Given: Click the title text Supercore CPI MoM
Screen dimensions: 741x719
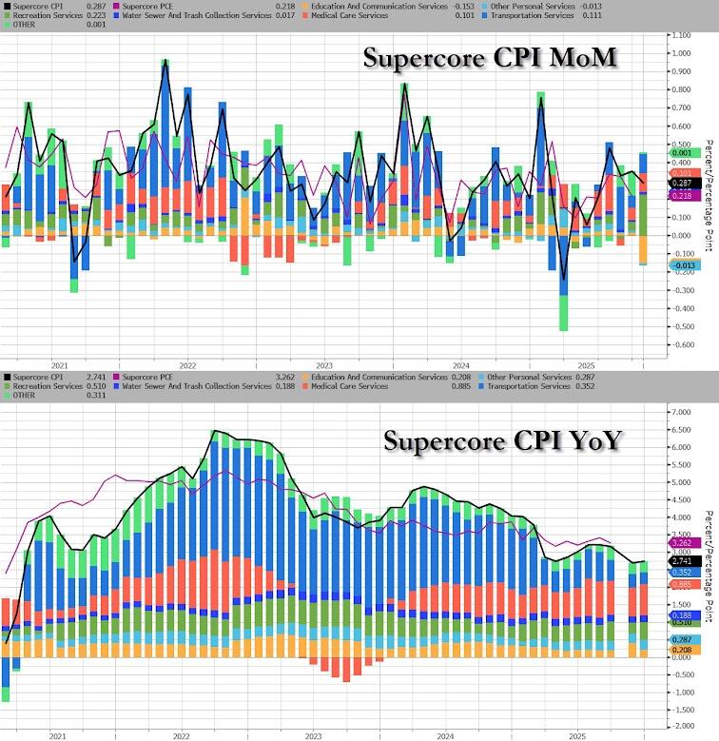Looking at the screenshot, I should point(491,59).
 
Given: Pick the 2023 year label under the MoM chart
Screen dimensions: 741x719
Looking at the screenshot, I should point(323,365).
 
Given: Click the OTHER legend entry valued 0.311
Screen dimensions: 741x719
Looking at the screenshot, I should point(29,397).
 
